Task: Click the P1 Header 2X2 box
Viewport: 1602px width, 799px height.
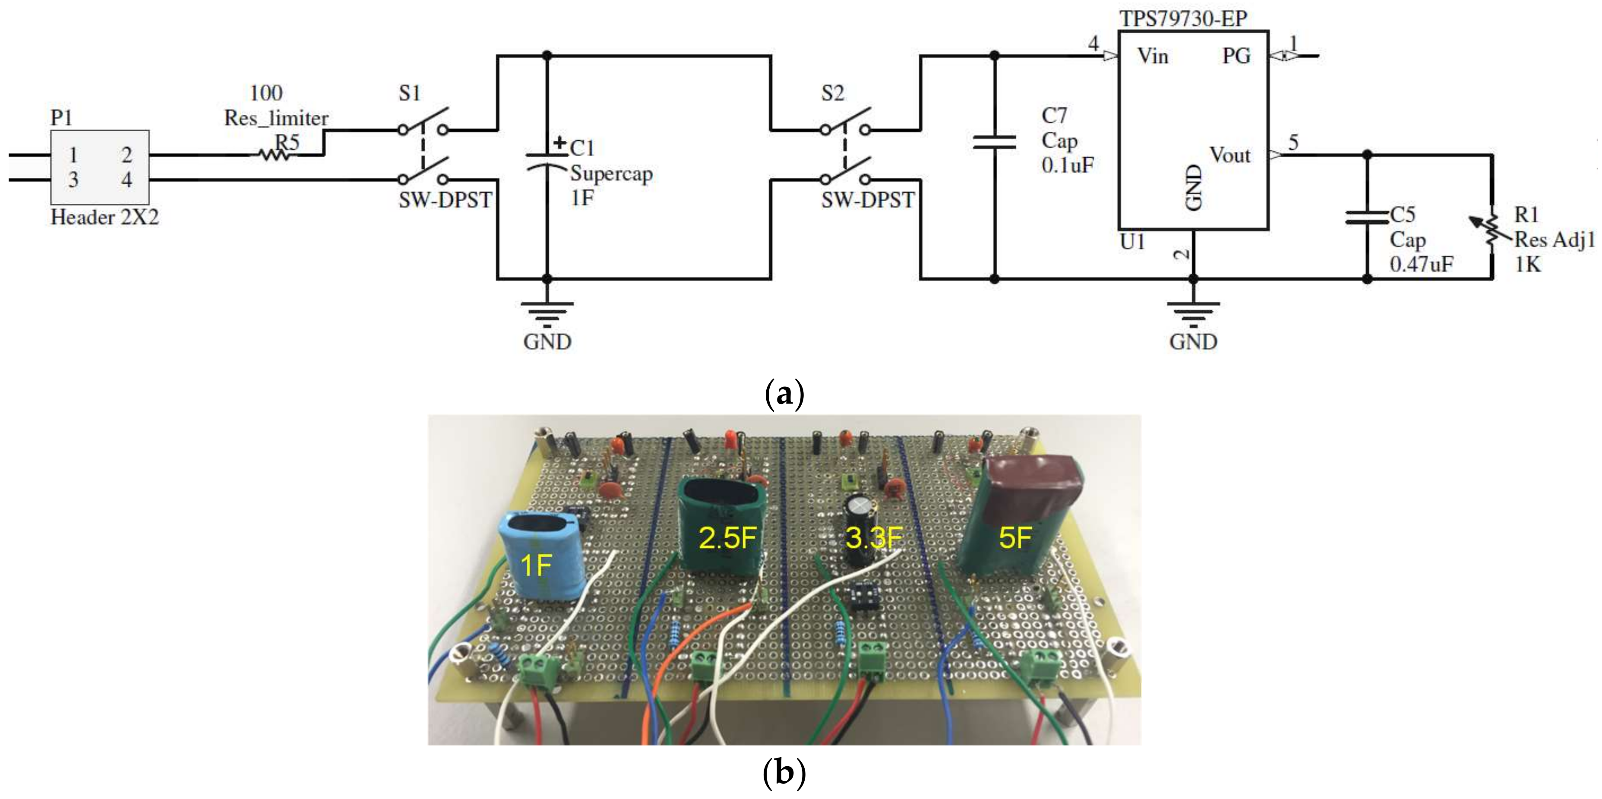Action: coord(99,167)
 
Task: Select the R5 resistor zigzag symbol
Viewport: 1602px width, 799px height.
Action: coord(275,155)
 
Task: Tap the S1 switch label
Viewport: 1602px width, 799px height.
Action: coord(410,93)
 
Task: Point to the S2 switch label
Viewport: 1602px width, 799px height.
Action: coord(833,93)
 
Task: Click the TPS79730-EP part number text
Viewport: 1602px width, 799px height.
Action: coord(1183,19)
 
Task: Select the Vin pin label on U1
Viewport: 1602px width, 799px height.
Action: coord(1152,57)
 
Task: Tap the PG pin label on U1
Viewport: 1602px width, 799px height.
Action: coord(1235,57)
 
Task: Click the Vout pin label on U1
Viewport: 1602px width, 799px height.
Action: coord(1229,155)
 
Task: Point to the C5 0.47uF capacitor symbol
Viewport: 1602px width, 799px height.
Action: coord(1366,217)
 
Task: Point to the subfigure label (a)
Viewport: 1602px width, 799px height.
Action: coord(784,393)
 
